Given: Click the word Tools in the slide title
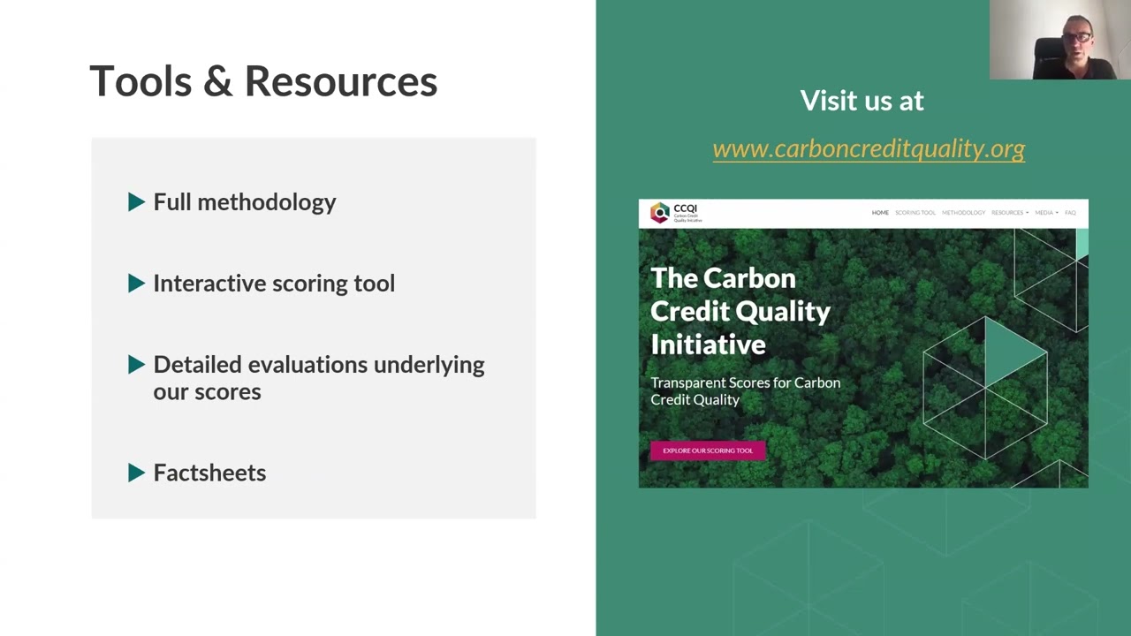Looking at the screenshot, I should click(x=140, y=81).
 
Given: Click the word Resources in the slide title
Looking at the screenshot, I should click(x=340, y=81).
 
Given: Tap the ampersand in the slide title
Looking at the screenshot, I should click(x=217, y=81).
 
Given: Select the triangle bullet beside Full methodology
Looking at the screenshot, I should click(x=136, y=202).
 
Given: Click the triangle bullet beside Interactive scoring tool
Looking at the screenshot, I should click(x=136, y=284).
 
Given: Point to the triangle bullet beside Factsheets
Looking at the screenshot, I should click(x=136, y=473).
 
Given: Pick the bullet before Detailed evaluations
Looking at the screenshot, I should click(x=136, y=365).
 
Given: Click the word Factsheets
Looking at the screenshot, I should click(x=209, y=473).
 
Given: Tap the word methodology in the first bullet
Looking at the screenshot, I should click(x=266, y=202).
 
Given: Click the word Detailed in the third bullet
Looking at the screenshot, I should click(x=197, y=365).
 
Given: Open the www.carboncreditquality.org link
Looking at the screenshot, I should click(x=868, y=148).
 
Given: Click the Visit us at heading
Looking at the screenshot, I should click(x=862, y=101).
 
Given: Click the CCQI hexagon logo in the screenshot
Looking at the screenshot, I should click(x=660, y=213).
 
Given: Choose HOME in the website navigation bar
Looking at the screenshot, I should click(x=880, y=213).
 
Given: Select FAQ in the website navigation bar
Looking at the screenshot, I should click(x=1070, y=213).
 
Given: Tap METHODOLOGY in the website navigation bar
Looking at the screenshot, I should click(x=963, y=213).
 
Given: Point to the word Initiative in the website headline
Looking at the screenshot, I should click(x=708, y=344).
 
